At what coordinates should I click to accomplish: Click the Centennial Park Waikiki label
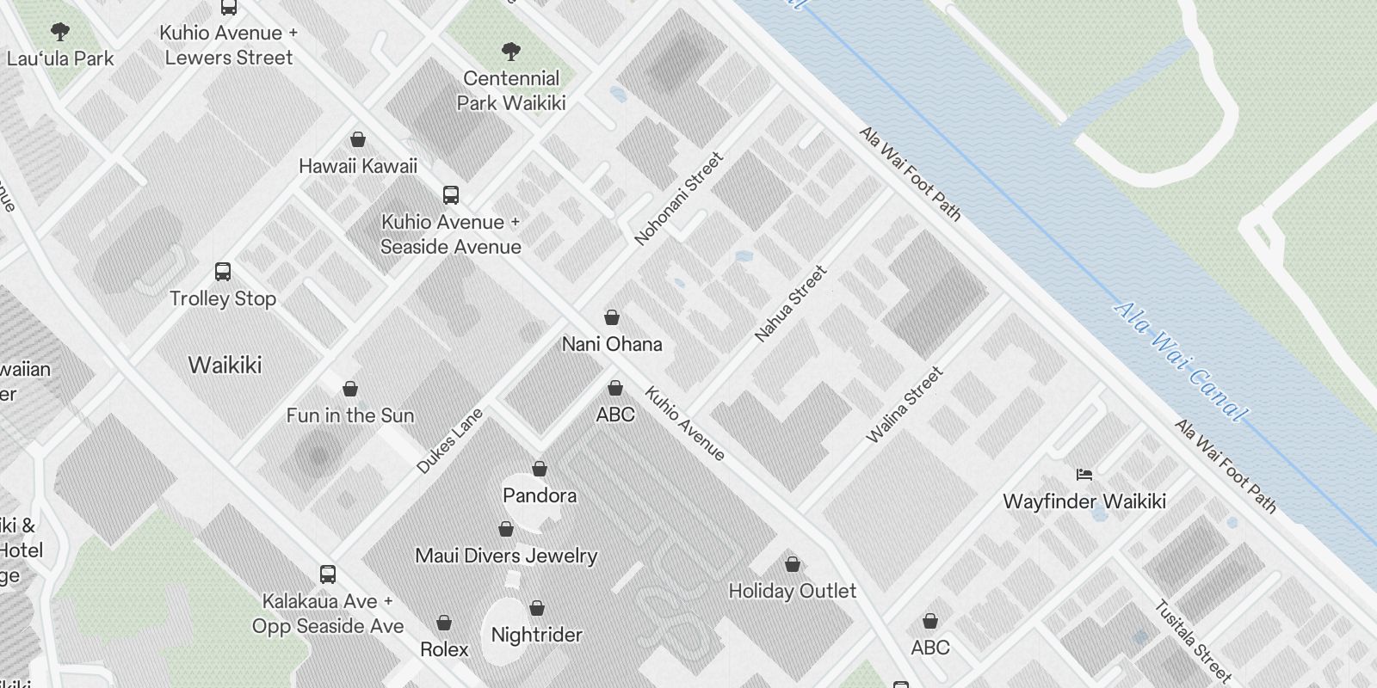[511, 90]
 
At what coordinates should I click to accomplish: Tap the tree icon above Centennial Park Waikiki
[510, 52]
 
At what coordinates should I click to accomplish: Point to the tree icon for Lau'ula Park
[60, 33]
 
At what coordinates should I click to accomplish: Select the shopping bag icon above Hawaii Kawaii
[358, 139]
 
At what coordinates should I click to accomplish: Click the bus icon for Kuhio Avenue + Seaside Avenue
[451, 194]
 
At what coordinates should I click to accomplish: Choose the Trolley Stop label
[223, 298]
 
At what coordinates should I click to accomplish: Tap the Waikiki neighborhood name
[225, 365]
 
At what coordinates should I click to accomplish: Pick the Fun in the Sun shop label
[350, 415]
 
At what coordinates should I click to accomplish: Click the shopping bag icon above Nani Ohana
[612, 317]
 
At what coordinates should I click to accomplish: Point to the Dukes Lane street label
[450, 441]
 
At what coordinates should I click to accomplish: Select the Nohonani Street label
[679, 200]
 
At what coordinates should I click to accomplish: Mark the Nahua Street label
[790, 304]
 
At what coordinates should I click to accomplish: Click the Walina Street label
[905, 405]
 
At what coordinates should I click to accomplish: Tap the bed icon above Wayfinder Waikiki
[1084, 474]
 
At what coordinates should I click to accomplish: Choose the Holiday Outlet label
[793, 591]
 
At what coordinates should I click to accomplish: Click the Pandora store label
[540, 495]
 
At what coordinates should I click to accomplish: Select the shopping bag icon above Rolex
[444, 622]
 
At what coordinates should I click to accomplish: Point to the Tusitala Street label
[1193, 642]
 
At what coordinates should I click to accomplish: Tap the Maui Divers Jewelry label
[506, 556]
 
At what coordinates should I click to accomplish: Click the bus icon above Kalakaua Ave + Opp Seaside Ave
[328, 574]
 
